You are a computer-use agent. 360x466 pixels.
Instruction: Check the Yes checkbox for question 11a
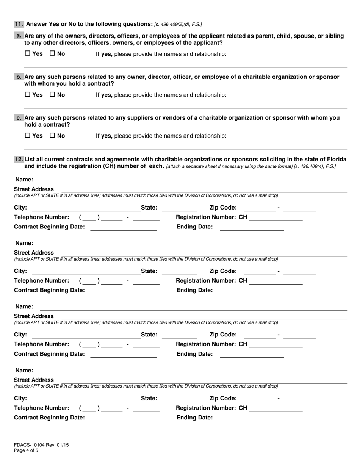tap(27, 54)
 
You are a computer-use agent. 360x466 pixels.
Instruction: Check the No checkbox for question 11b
tap(53, 95)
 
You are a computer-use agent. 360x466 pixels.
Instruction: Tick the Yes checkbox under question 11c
tap(27, 135)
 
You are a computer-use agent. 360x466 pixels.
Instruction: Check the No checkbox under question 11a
tap(53, 54)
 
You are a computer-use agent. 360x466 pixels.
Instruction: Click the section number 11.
tap(19, 24)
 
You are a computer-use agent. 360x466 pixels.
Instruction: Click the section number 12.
tap(19, 159)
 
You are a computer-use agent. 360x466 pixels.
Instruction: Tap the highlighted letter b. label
tap(19, 77)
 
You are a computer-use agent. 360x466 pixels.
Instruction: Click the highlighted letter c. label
tap(19, 118)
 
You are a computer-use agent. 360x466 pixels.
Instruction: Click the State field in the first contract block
tap(179, 208)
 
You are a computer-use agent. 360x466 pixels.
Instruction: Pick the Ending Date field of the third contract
tap(252, 354)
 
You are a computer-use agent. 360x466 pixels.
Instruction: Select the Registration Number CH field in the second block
tap(276, 281)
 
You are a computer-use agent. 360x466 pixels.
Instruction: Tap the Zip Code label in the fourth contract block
tap(223, 398)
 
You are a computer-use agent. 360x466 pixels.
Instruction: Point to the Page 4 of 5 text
tap(26, 450)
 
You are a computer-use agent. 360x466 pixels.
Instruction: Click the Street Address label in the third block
tap(34, 316)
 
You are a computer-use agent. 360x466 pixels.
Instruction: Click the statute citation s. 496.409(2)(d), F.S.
tap(178, 25)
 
